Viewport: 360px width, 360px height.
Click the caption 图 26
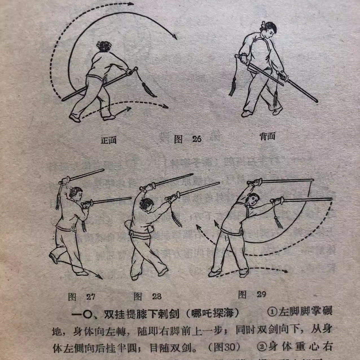pos(188,139)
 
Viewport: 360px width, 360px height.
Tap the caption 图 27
pos(82,297)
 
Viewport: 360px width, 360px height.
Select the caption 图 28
pos(148,296)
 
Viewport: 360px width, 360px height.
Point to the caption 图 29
pos(252,294)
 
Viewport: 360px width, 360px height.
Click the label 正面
pos(109,140)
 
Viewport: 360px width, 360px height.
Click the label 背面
pos(267,137)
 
